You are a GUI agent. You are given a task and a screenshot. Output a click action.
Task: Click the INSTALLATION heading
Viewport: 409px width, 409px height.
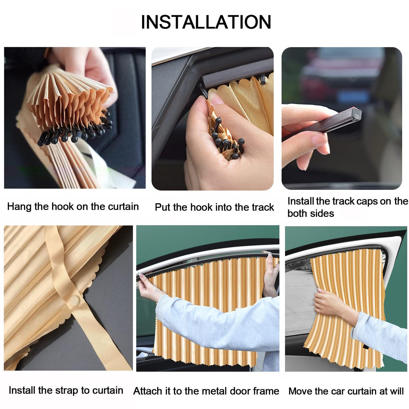pos(206,22)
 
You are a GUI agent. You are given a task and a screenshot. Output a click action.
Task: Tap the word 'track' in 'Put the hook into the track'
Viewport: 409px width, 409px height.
pos(263,207)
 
